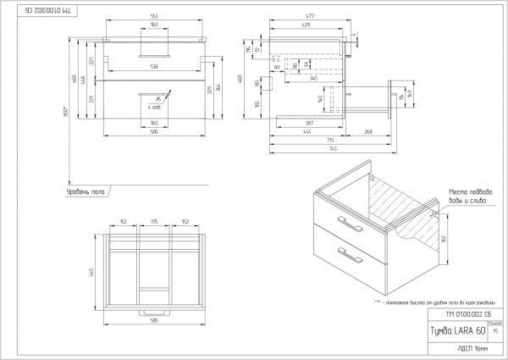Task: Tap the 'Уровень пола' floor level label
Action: pyautogui.click(x=85, y=193)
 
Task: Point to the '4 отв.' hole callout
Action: pyautogui.click(x=155, y=107)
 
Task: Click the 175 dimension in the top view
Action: pyautogui.click(x=153, y=224)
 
